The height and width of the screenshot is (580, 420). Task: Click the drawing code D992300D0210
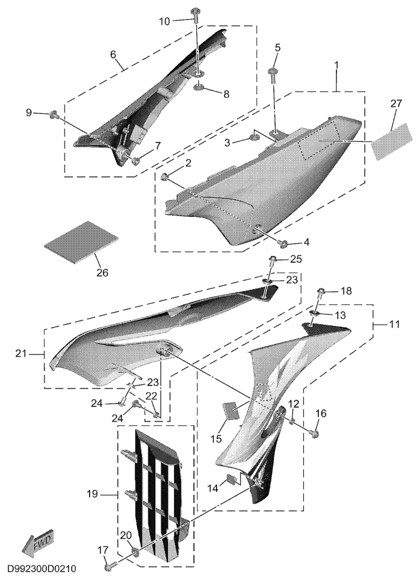[x=42, y=568]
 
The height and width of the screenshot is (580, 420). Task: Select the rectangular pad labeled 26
[x=81, y=243]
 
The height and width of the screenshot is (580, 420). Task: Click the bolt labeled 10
[x=196, y=15]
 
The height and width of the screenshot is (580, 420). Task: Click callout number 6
[x=113, y=54]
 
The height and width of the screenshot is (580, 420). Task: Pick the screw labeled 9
[x=54, y=114]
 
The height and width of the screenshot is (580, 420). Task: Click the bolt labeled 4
[x=283, y=243]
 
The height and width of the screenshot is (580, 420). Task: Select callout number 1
[x=336, y=64]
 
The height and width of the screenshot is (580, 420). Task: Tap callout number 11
[x=395, y=324]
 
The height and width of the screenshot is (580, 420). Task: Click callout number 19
[x=92, y=493]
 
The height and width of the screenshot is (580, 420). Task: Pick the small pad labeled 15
[x=229, y=410]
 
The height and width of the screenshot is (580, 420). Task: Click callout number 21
[x=21, y=354]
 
